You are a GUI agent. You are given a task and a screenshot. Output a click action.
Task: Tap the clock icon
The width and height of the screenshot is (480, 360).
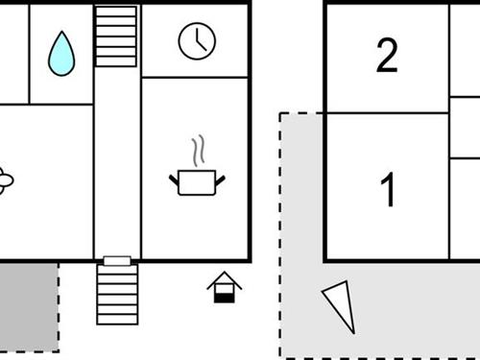(x=197, y=40)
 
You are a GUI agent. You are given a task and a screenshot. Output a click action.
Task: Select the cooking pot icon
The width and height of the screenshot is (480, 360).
(x=197, y=180)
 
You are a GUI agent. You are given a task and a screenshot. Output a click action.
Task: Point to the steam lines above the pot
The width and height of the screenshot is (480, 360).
(x=198, y=152)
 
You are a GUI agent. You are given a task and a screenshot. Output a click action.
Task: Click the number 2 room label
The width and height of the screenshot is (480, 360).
(x=387, y=57)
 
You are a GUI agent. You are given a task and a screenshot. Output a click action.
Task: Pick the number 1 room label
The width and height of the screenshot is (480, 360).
(x=388, y=191)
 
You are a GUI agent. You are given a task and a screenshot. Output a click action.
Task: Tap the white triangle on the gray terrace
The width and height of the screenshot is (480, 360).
(x=340, y=305)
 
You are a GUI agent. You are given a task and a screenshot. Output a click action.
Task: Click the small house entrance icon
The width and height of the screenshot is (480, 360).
(x=224, y=287)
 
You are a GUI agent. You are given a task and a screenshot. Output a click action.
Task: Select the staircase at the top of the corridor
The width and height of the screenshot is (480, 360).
(x=117, y=36)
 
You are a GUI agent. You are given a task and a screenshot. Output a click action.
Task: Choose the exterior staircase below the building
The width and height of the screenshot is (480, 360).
(x=117, y=294)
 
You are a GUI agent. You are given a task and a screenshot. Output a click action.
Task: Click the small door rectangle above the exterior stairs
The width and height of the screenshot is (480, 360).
(x=117, y=260)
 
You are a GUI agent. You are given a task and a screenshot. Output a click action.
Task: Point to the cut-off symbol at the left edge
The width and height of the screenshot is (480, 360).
(x=6, y=179)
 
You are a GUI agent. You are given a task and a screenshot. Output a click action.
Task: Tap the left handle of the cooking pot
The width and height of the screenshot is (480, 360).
(x=174, y=178)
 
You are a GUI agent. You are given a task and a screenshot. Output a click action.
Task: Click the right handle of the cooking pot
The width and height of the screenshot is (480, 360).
(x=220, y=178)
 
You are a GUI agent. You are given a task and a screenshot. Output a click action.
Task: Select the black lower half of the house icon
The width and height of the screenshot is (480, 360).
(x=224, y=297)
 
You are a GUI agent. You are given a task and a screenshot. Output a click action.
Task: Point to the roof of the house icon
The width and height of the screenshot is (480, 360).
(x=224, y=279)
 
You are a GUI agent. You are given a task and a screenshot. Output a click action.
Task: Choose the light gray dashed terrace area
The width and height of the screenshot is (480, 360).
(x=403, y=307)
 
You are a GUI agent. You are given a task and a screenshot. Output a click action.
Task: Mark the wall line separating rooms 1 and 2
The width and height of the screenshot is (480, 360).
(x=387, y=112)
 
